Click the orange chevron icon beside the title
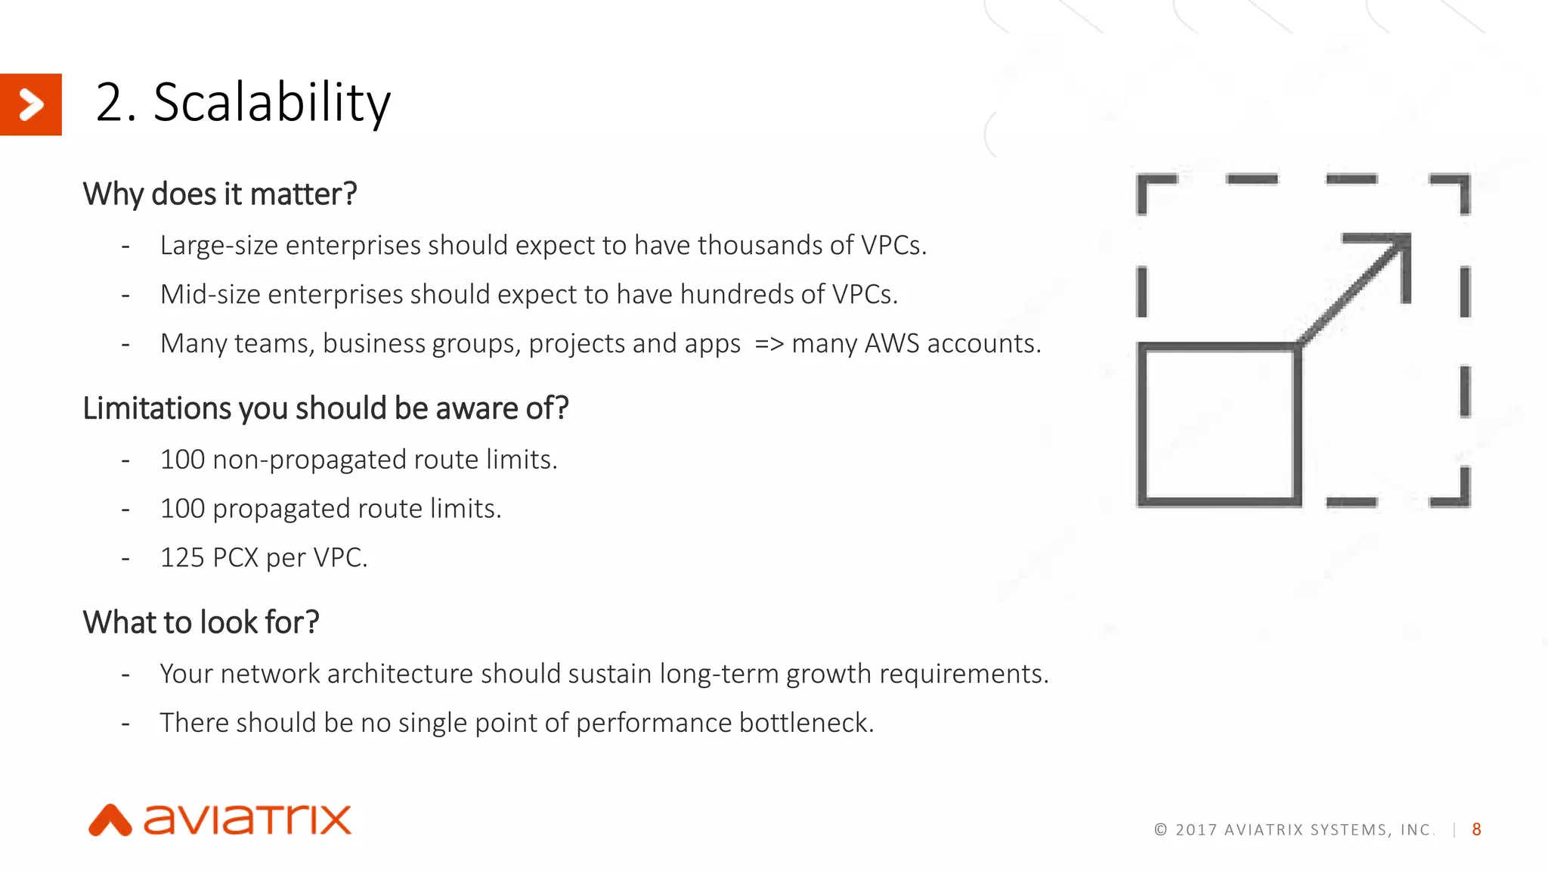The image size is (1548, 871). (30, 104)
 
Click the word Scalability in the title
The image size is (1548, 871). (272, 103)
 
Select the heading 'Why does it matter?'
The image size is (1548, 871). (219, 194)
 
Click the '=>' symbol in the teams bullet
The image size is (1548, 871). (769, 344)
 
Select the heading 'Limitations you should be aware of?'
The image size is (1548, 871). (325, 408)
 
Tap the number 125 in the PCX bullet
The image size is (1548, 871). (182, 558)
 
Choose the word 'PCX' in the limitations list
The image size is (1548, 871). (236, 558)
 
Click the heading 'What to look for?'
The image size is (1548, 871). (201, 622)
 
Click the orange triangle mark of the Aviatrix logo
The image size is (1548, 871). (110, 821)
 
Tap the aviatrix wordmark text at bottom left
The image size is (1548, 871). (248, 820)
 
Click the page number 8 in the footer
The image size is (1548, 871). (1476, 829)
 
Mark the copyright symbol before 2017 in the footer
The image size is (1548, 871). (1160, 829)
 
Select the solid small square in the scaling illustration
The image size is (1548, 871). (1218, 423)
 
